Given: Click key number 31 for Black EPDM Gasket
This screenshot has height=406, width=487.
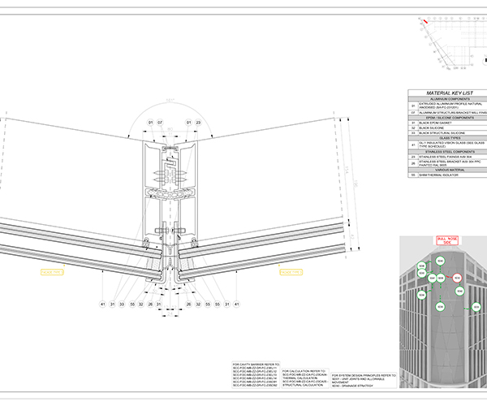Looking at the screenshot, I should click(413, 123).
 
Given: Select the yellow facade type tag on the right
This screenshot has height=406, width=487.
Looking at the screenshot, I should click(290, 272).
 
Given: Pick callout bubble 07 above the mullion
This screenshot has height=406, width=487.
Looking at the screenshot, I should click(160, 123).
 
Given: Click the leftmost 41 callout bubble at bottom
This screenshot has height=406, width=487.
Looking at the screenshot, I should click(103, 304).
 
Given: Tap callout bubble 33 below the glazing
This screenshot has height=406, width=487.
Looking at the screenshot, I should click(121, 304).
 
